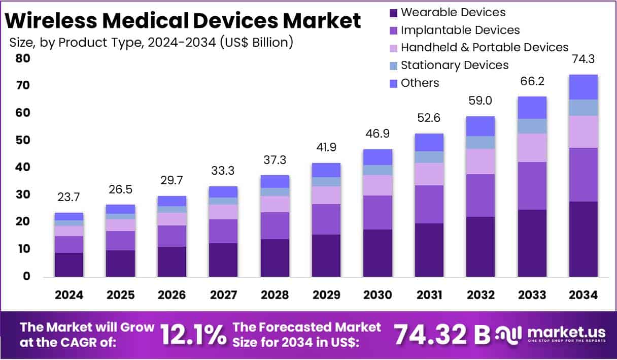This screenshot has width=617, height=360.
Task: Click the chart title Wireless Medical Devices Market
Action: (184, 21)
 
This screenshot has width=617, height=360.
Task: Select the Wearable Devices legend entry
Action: (453, 12)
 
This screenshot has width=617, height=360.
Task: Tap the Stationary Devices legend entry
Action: (454, 65)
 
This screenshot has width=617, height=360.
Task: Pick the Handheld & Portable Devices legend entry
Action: (484, 47)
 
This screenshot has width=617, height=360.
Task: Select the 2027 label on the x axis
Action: (223, 295)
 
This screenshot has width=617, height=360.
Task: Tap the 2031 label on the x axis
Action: (429, 295)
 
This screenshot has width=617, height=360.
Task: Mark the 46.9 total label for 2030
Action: (378, 134)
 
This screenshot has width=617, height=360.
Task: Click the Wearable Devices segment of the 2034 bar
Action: (583, 239)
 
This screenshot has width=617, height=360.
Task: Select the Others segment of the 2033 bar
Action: (532, 107)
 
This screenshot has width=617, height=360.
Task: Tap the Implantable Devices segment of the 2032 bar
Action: (481, 195)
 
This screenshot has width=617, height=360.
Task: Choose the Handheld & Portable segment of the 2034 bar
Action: (583, 132)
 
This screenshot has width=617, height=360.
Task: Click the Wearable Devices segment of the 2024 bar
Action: (69, 265)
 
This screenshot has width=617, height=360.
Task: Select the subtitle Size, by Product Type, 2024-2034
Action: (151, 42)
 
